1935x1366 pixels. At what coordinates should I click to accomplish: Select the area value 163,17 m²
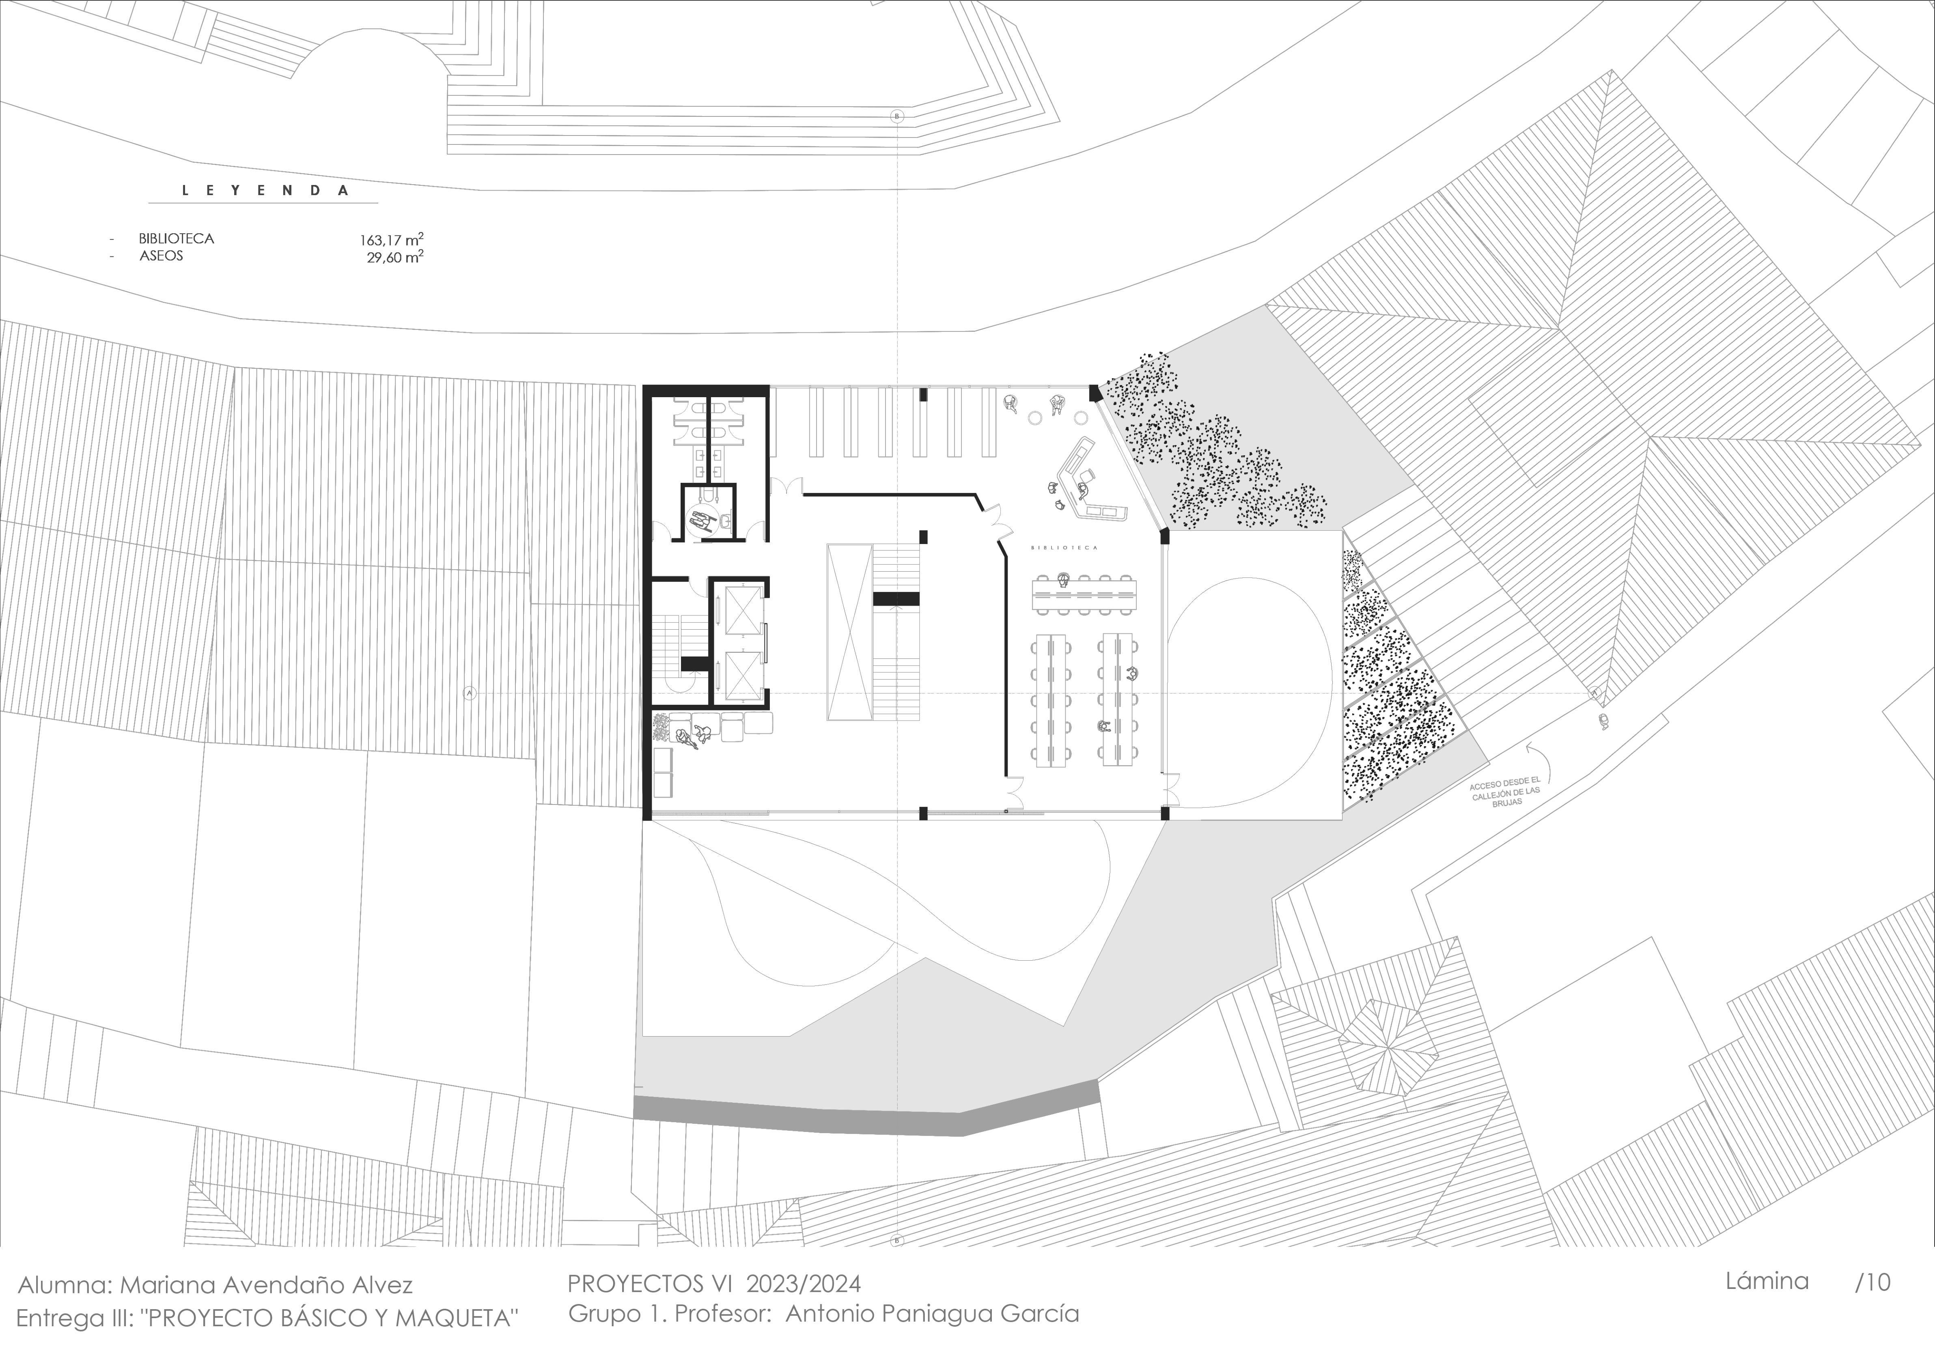pos(392,240)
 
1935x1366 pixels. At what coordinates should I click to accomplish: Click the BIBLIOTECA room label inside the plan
pos(1064,548)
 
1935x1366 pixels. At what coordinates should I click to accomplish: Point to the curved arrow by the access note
pos(1536,753)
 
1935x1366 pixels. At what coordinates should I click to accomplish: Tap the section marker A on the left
pos(470,693)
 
